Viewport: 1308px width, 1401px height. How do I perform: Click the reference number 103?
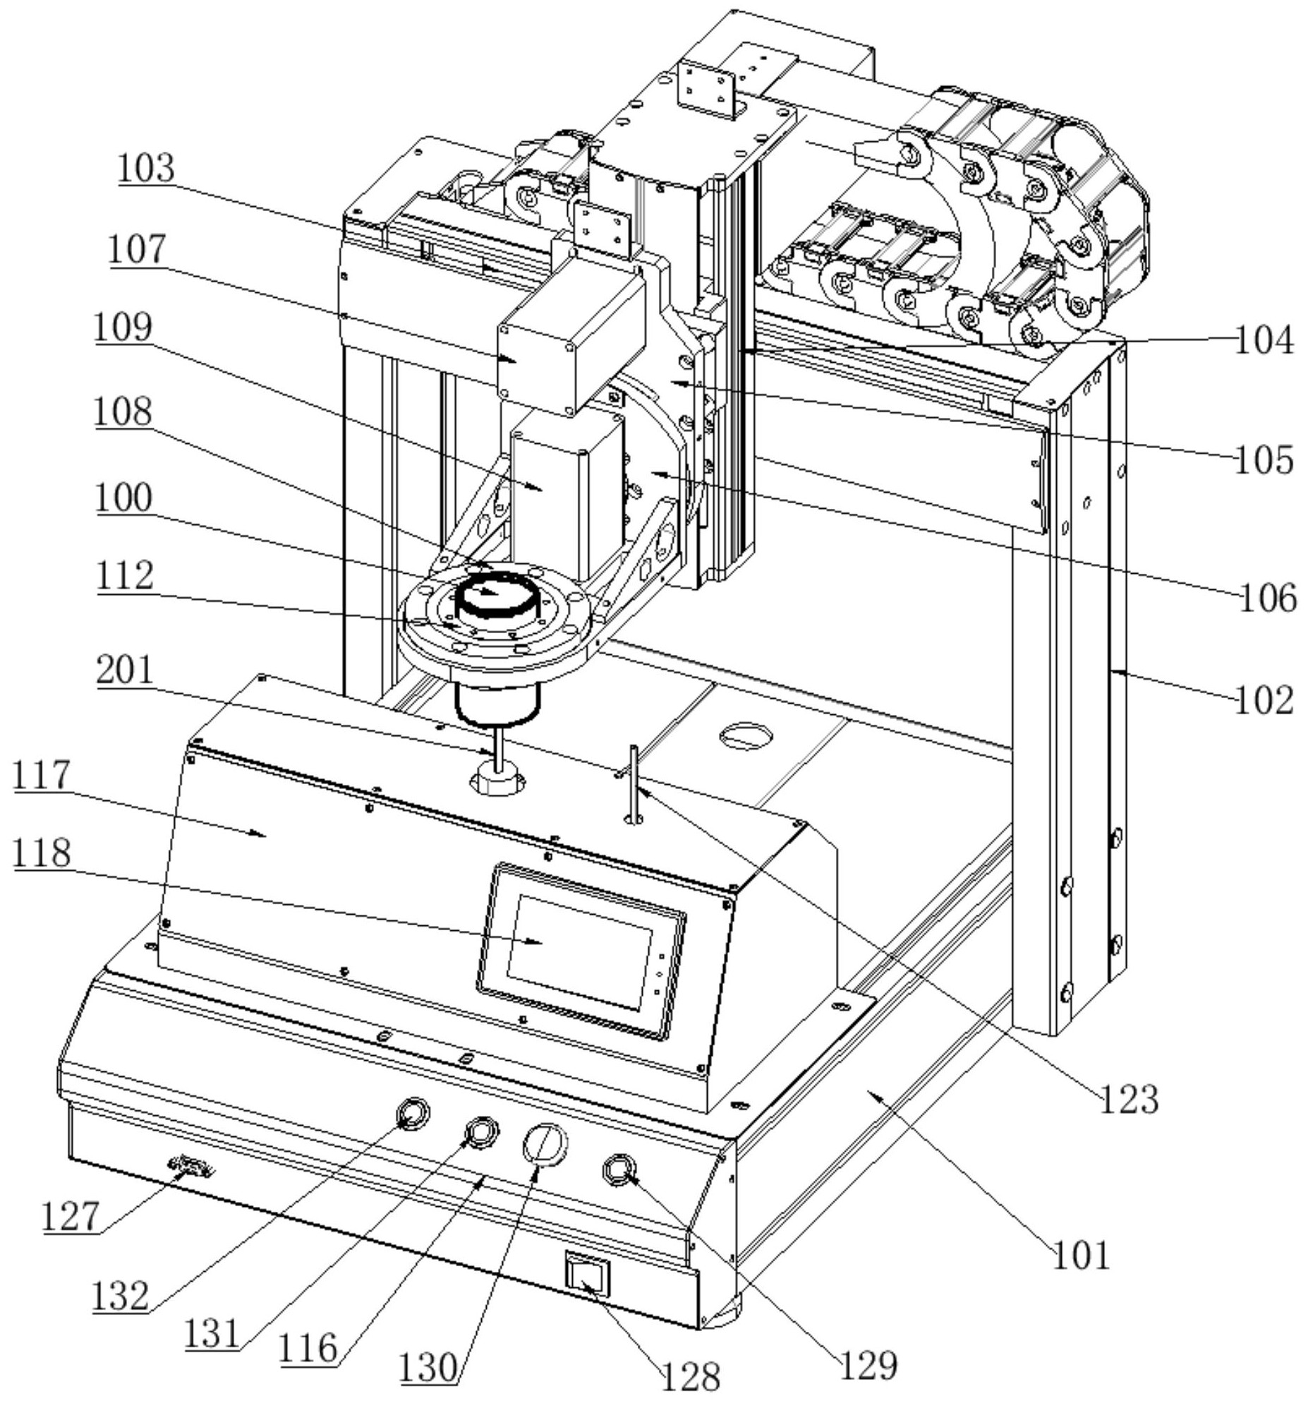(146, 169)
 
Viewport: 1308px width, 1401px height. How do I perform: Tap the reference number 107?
(137, 250)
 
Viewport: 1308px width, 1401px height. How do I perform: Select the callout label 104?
(1264, 340)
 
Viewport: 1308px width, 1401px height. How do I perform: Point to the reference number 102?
(1264, 701)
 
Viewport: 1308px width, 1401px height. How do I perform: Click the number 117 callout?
(42, 774)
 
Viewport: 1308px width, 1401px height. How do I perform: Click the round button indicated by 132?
(413, 1113)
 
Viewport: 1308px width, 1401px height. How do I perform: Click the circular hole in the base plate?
(745, 736)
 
